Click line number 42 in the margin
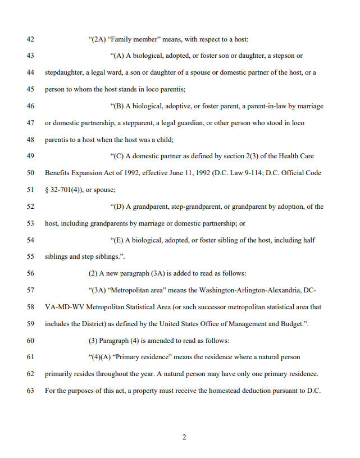(x=30, y=39)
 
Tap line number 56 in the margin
(x=30, y=273)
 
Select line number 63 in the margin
(x=30, y=391)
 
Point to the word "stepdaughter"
(x=65, y=72)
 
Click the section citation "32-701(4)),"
(x=67, y=190)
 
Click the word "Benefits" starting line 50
(x=57, y=173)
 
